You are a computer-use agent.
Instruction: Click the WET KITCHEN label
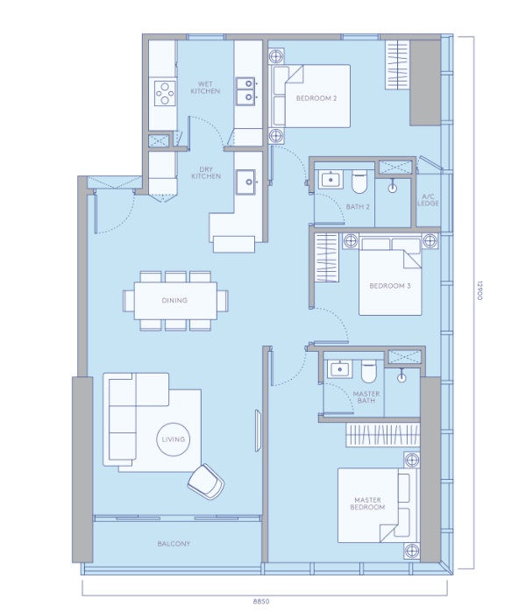(x=205, y=88)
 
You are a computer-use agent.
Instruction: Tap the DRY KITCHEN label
(x=206, y=173)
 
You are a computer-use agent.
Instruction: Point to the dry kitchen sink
(x=246, y=182)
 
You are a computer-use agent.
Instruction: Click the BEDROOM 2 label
(x=316, y=98)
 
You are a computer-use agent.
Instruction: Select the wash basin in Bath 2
(x=331, y=180)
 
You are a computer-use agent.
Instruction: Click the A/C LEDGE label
(x=428, y=200)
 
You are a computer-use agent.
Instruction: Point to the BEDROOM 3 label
(x=390, y=286)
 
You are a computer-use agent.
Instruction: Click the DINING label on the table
(x=174, y=300)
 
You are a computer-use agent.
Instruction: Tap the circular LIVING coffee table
(x=174, y=439)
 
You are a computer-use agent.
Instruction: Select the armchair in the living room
(x=206, y=482)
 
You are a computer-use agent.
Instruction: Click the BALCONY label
(x=174, y=544)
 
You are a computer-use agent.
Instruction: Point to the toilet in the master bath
(x=369, y=371)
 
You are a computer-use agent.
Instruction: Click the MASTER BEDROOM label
(x=367, y=503)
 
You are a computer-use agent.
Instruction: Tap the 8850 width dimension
(x=261, y=602)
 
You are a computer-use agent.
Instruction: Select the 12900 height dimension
(x=480, y=289)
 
